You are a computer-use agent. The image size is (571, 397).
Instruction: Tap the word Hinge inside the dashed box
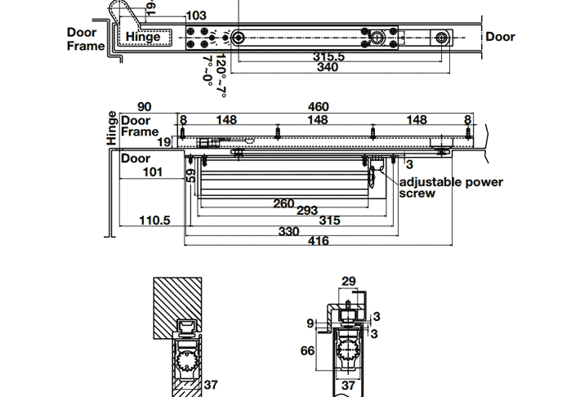click(x=143, y=37)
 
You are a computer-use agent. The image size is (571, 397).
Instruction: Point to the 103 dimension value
click(x=197, y=16)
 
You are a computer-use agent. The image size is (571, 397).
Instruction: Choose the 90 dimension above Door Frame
click(x=145, y=107)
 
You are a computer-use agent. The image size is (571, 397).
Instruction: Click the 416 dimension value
click(x=319, y=241)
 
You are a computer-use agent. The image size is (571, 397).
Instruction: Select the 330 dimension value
click(x=289, y=231)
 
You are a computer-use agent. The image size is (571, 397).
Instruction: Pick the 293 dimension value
click(x=307, y=211)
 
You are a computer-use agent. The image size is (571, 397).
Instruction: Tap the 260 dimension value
click(x=283, y=202)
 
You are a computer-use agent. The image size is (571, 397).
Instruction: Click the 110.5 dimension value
click(x=154, y=221)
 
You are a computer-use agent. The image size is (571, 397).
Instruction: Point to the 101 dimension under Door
click(x=153, y=172)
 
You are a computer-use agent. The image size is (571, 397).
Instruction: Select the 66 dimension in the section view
click(x=306, y=350)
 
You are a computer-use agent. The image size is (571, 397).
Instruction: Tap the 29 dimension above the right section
click(x=349, y=281)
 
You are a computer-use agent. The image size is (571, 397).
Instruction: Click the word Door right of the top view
click(x=501, y=37)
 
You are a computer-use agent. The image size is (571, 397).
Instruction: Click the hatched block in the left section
click(x=179, y=306)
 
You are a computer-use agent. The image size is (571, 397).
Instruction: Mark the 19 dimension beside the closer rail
click(x=164, y=142)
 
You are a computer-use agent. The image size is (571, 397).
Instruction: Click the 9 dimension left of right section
click(x=310, y=323)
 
